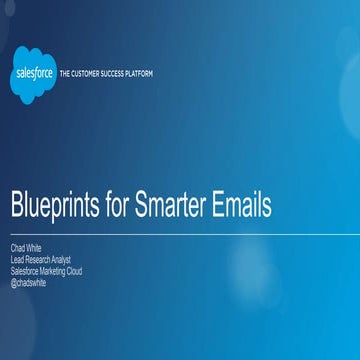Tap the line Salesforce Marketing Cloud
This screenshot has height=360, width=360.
[46, 261]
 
